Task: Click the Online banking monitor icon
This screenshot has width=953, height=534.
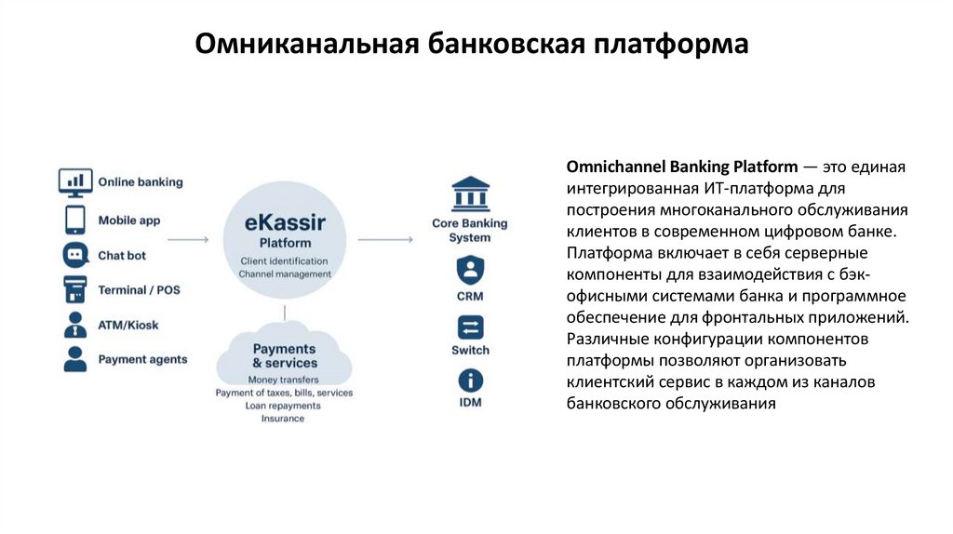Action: coord(75,181)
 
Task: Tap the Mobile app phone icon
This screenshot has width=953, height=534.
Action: coord(75,220)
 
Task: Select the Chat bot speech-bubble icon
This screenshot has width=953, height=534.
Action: coord(75,255)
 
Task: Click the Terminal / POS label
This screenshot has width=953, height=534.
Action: coord(139,290)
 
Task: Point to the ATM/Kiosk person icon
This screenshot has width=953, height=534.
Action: coord(75,325)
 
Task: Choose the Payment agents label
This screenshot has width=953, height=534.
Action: coord(142,359)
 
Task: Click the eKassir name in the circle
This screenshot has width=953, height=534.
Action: coord(285,222)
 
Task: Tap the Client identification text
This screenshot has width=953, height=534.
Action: coord(284,260)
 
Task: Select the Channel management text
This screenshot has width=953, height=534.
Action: coord(284,274)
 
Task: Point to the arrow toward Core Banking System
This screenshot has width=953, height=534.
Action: coord(384,240)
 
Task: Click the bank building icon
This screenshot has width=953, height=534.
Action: coord(470,195)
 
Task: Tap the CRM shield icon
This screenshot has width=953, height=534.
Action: coord(470,271)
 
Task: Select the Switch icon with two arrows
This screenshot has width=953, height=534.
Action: coord(470,327)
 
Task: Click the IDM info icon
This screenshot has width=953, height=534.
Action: coord(470,380)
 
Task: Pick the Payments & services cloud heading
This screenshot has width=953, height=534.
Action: coord(285,355)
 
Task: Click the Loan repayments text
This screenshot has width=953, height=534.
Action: coord(283,406)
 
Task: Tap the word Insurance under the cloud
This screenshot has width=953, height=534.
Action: coord(283,419)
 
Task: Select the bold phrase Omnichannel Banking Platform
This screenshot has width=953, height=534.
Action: coord(681,167)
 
